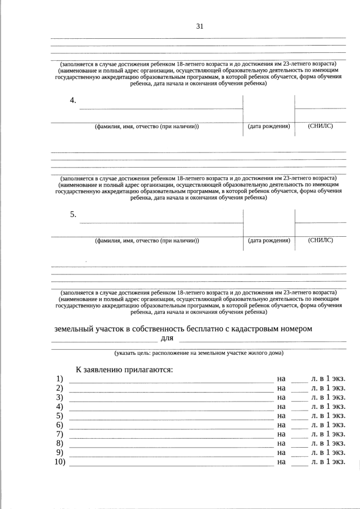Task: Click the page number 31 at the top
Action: click(x=199, y=26)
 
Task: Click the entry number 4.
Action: click(x=73, y=100)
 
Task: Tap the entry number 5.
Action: click(x=73, y=214)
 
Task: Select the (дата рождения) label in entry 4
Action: click(x=269, y=127)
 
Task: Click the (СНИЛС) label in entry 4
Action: click(x=321, y=126)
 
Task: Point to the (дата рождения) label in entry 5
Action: click(x=269, y=241)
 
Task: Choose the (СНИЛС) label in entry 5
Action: click(x=321, y=240)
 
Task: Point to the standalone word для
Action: click(x=167, y=338)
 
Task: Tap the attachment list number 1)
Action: click(x=59, y=379)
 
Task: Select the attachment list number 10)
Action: click(x=60, y=462)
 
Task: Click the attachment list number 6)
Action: click(x=59, y=425)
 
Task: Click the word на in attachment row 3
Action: click(x=282, y=397)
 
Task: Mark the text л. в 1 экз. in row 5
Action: click(x=328, y=416)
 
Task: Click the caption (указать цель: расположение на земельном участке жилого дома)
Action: click(x=199, y=353)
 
